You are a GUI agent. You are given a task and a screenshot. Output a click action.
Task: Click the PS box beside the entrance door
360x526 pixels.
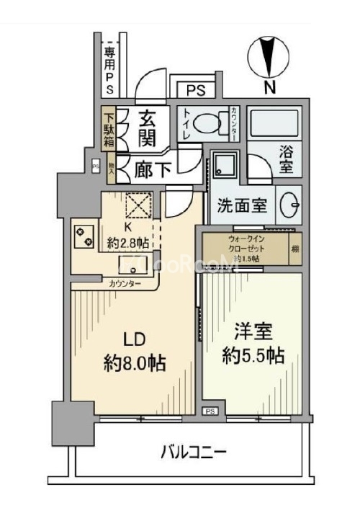[196, 91]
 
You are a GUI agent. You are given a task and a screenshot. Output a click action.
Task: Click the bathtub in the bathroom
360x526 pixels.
[274, 125]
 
